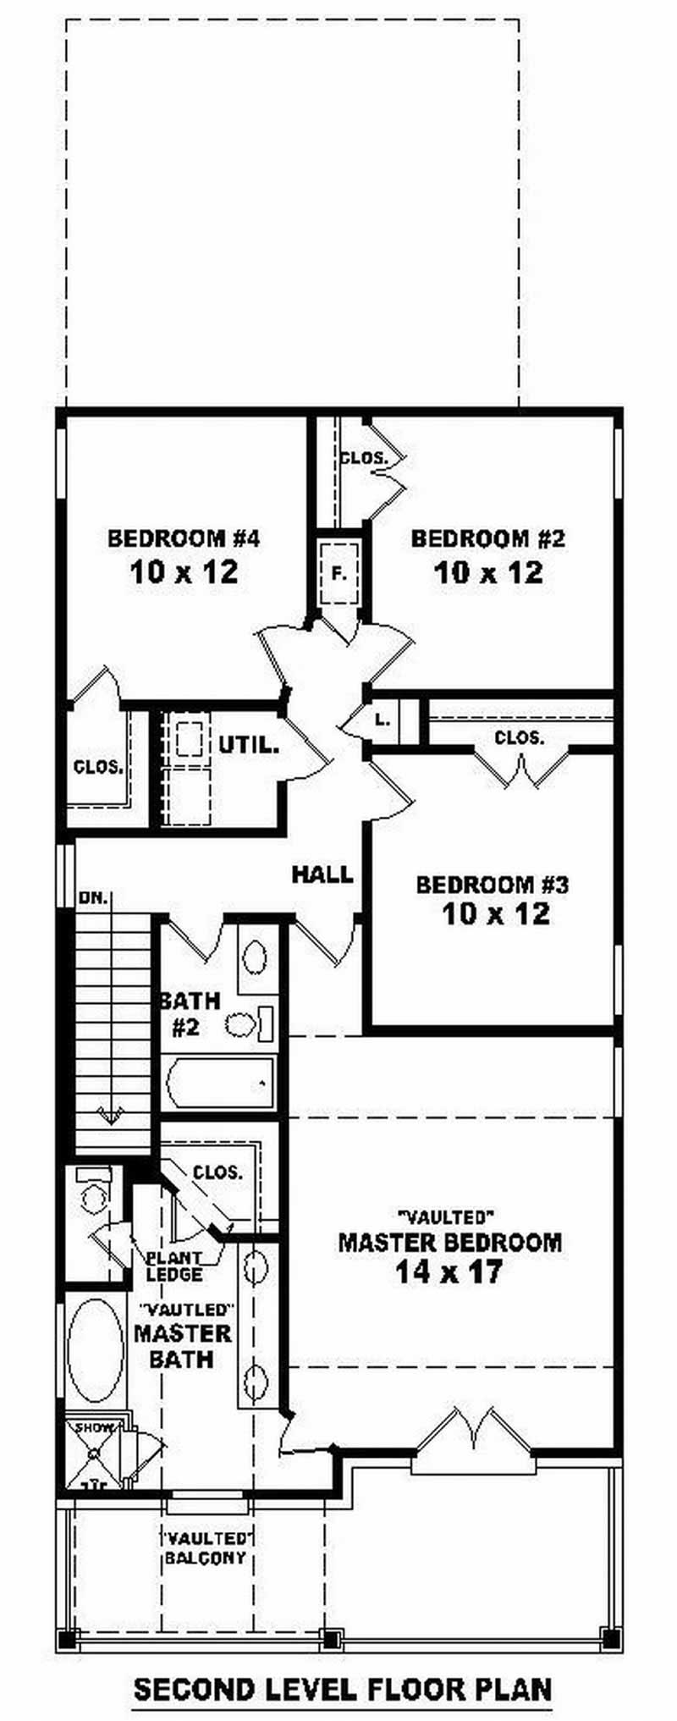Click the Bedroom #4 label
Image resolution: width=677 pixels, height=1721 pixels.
[x=183, y=538]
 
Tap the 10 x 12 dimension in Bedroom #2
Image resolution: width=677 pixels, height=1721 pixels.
[x=488, y=573]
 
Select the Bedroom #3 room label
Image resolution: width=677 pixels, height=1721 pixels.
[x=492, y=885]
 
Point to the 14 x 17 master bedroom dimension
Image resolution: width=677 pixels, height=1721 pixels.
[x=449, y=1271]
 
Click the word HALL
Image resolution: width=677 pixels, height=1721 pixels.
[x=322, y=874]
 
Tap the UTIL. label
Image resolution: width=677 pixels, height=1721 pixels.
[x=249, y=746]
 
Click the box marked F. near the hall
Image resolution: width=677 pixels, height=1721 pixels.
[x=338, y=573]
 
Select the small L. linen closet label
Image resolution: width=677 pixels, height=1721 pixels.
[x=383, y=720]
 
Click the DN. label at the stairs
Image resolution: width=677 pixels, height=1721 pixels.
[x=94, y=898]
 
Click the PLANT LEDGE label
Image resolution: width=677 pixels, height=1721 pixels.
[x=173, y=1266]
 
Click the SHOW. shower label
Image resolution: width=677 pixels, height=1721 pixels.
[x=95, y=1428]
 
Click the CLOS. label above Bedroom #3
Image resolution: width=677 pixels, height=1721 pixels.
[x=520, y=738]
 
